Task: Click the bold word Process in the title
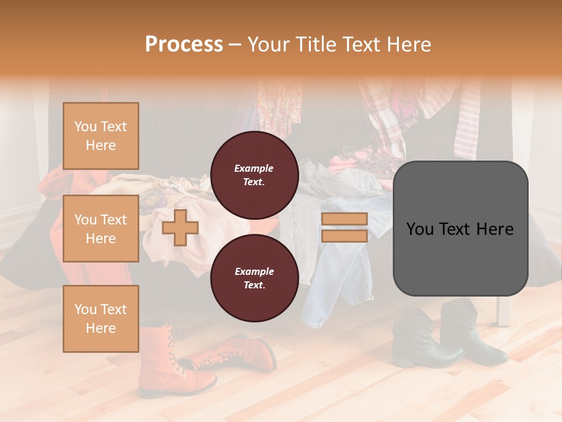pos(184,44)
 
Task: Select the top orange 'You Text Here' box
pos(101,136)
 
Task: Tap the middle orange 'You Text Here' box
pos(101,229)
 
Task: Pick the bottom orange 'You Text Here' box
pos(101,318)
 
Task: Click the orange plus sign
pos(180,227)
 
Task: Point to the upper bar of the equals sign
pos(344,219)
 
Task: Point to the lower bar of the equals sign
pos(344,236)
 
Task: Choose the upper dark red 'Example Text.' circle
pos(254,175)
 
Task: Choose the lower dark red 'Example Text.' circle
pos(254,278)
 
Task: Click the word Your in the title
pos(268,44)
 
